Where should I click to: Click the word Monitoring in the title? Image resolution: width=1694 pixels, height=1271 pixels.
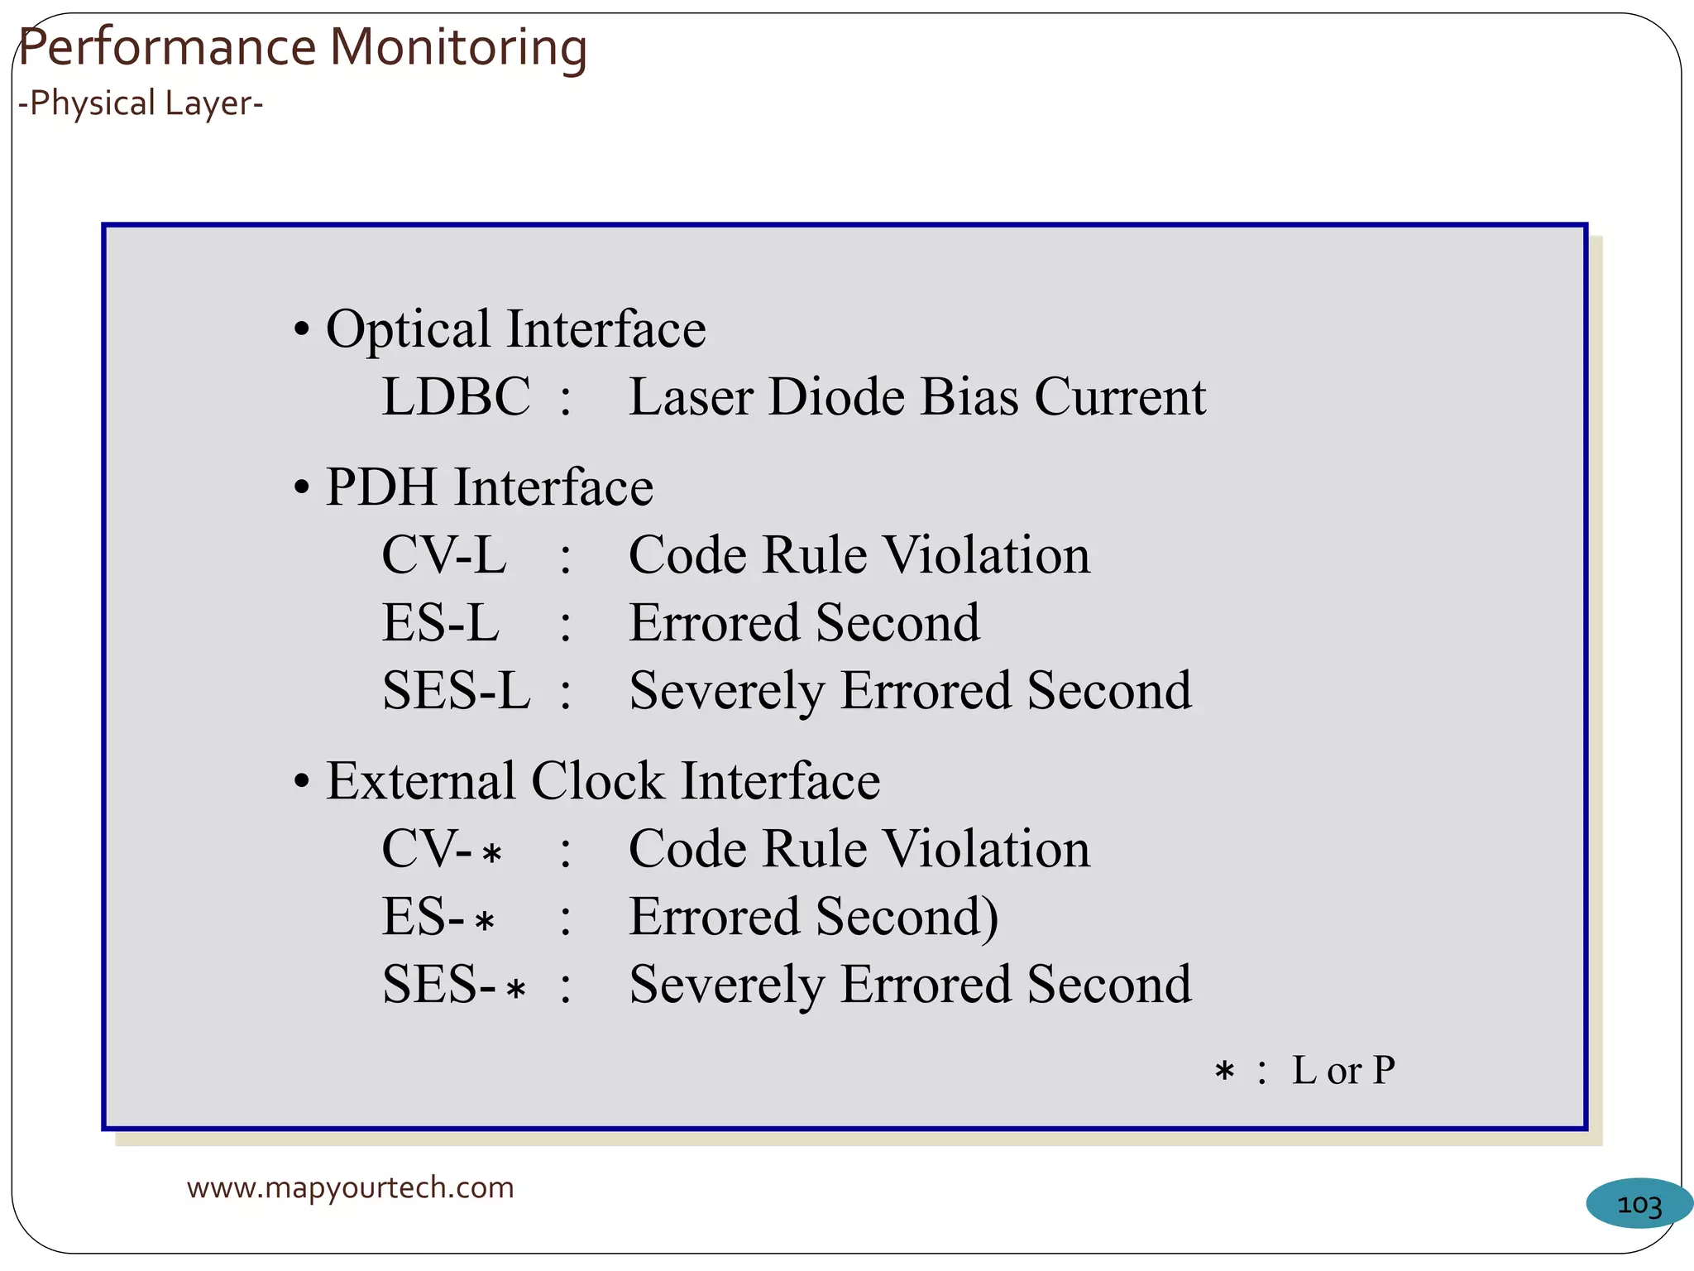click(458, 48)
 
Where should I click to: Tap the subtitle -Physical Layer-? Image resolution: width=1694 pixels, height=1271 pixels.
click(141, 103)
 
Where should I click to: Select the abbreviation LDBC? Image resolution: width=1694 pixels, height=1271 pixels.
click(456, 396)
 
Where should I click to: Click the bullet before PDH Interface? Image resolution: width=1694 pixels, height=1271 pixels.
click(302, 488)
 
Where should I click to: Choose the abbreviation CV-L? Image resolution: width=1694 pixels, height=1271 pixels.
click(444, 554)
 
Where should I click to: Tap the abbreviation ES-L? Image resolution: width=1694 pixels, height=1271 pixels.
click(440, 622)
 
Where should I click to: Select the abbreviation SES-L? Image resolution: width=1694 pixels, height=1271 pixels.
click(456, 690)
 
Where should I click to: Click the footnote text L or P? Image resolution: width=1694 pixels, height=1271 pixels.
click(1343, 1070)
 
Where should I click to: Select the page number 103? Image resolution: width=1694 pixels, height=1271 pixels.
click(1639, 1205)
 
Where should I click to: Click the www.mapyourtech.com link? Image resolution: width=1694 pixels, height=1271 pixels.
click(350, 1187)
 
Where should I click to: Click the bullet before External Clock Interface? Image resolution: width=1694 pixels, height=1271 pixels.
click(302, 782)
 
